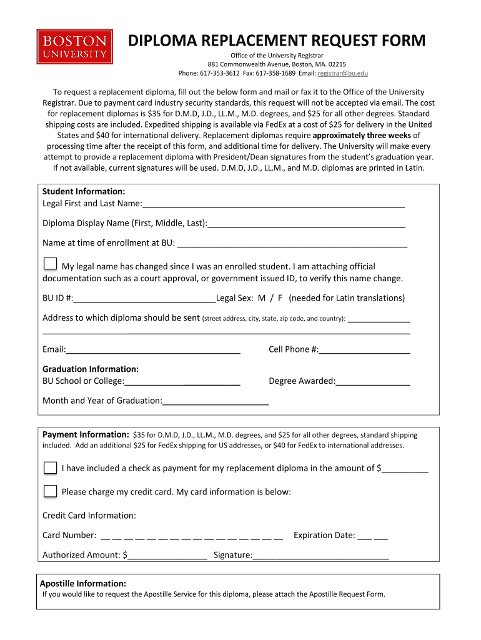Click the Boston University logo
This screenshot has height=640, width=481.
point(74,46)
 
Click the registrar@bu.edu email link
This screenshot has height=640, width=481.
point(343,73)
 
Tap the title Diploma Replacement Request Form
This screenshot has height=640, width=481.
point(277,41)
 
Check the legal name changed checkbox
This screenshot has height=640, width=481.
point(51,264)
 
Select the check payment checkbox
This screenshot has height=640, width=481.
point(51,467)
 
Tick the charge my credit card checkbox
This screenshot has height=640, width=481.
point(51,491)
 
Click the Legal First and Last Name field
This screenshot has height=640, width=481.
point(274,204)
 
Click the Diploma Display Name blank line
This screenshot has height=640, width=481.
point(307,223)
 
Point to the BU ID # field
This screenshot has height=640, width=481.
point(144,298)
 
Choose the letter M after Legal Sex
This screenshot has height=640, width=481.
point(261,298)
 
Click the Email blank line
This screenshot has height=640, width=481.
point(153,349)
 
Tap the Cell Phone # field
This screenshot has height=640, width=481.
point(364,349)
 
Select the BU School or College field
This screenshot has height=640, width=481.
point(182,381)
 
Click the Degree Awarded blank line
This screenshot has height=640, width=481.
point(373,381)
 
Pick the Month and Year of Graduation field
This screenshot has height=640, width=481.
point(216,401)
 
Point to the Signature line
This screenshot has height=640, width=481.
point(320,555)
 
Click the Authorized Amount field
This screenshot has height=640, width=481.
point(167,555)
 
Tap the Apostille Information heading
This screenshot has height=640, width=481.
point(83,583)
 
